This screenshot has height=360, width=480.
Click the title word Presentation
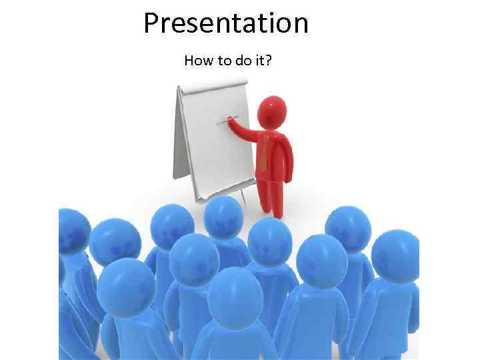pos(226,24)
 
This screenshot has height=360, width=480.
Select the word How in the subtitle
pos(197,61)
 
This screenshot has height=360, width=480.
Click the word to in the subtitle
pos(221,61)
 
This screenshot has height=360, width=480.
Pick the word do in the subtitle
pos(241,61)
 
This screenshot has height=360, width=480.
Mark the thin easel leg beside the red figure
pos(244,197)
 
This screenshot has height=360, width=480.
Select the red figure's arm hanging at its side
pos(287,163)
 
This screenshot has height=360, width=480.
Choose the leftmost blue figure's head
pos(73,231)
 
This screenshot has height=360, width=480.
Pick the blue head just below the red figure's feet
pos(269,239)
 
